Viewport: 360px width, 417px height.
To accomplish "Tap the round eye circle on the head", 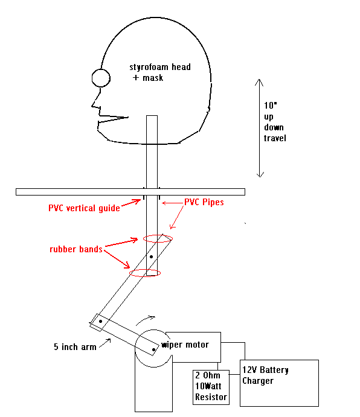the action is coord(101,78).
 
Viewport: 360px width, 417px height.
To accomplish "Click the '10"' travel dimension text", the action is coord(270,106).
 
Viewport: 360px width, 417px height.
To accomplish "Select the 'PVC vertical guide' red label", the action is coord(84,208).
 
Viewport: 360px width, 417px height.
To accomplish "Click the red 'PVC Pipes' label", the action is coord(204,202).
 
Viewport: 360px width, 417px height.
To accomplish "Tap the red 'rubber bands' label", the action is coord(76,249).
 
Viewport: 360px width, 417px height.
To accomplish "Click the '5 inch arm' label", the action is coord(75,347).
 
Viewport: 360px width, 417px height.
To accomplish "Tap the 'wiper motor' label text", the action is coord(185,345).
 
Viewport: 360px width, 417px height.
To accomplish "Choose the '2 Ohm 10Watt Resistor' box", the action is coord(211,387).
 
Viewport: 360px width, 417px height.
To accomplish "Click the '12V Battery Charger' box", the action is coord(279,383).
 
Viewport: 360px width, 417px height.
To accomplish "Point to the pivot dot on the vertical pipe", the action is coord(151,256).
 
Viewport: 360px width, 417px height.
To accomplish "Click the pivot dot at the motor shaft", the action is coord(153,349).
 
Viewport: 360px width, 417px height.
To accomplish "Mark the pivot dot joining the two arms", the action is coord(100,321).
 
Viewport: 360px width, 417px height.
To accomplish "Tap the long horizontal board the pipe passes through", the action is coord(130,192).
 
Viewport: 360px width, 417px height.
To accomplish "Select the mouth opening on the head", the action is coord(113,119).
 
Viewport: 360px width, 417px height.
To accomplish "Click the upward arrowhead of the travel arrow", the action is coord(259,83).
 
